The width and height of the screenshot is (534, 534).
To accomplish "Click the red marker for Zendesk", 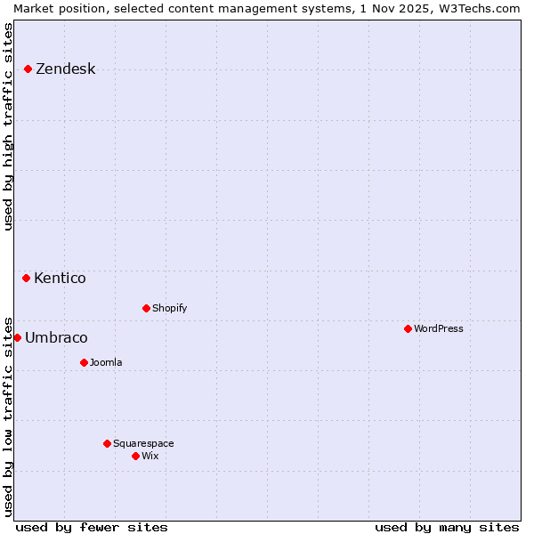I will [x=28, y=69].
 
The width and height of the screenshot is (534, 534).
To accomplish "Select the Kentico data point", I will [x=27, y=278].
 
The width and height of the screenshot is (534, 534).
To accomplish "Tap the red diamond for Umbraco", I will [x=17, y=337].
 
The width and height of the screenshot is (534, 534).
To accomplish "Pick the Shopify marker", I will [x=146, y=308].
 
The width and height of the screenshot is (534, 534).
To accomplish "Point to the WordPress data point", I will [x=408, y=328].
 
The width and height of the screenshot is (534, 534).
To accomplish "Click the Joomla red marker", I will [x=84, y=362].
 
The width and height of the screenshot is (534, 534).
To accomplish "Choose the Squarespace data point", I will [x=107, y=443].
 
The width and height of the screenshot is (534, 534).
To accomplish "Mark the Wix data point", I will [x=135, y=456].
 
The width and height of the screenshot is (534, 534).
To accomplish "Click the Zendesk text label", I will [x=65, y=69].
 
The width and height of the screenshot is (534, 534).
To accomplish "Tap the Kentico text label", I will [x=60, y=279].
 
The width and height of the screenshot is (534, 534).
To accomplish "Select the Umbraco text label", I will [x=56, y=338].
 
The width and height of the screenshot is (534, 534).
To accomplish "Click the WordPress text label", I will [x=439, y=328].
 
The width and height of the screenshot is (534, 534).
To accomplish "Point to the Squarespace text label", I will [x=143, y=443].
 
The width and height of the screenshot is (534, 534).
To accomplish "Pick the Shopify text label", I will [x=169, y=308].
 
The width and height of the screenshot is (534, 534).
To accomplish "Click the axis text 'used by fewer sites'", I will [x=92, y=527].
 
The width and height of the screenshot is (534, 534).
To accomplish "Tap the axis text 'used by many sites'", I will [x=447, y=527].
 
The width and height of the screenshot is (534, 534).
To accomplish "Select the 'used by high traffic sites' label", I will [x=9, y=126].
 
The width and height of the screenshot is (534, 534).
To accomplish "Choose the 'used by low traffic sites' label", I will [x=9, y=416].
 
